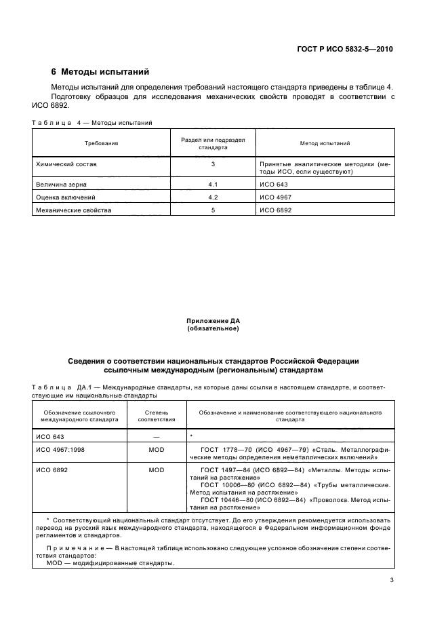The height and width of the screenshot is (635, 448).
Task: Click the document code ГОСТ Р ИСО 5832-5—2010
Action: [346, 49]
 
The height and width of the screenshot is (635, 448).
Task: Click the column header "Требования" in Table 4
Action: [101, 144]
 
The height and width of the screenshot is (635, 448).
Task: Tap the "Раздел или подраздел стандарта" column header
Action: [213, 144]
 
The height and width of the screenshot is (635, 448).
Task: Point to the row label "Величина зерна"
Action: [59, 184]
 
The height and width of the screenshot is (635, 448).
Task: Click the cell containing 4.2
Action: [213, 197]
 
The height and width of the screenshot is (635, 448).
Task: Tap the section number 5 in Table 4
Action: [213, 210]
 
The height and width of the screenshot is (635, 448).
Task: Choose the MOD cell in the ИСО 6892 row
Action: [157, 469]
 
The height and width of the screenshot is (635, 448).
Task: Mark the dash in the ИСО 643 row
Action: [157, 436]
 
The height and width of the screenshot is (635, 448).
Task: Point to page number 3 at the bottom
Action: [392, 579]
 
